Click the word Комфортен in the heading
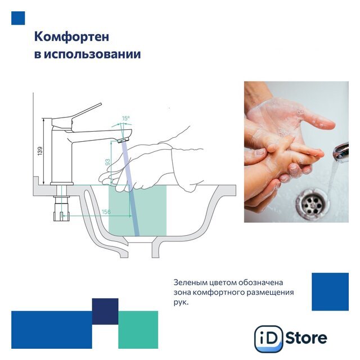[71, 37]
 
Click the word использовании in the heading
[92, 55]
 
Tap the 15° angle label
[125, 119]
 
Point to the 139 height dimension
[40, 151]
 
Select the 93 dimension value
[107, 163]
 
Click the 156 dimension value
[106, 211]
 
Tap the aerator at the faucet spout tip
[124, 140]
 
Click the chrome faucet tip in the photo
[341, 152]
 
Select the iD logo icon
[269, 339]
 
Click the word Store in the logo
[307, 338]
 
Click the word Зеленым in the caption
[188, 282]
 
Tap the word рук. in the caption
[181, 303]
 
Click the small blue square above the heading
[18, 18]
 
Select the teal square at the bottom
[138, 330]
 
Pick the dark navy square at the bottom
[105, 311]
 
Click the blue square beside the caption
[330, 292]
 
